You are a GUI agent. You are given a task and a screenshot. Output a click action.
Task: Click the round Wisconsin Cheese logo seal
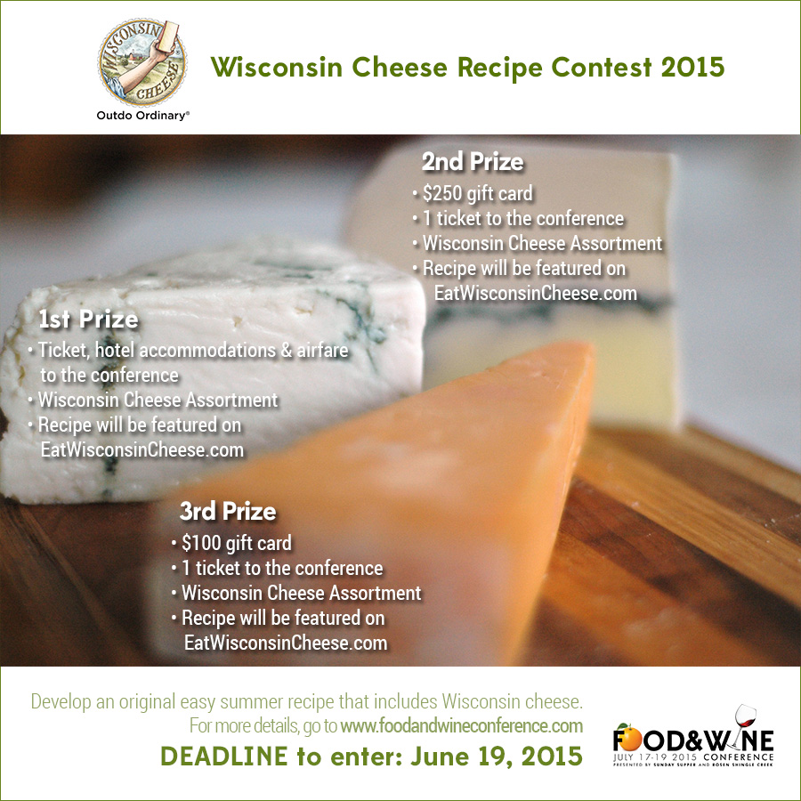(142, 61)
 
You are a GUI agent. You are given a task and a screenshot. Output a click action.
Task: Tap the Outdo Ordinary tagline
(143, 116)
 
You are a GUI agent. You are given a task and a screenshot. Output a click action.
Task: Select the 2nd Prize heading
(473, 162)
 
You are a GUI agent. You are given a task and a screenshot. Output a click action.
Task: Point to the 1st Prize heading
(88, 320)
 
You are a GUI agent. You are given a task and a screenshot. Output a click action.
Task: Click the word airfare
(322, 351)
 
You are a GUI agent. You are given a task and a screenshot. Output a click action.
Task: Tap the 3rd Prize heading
(228, 512)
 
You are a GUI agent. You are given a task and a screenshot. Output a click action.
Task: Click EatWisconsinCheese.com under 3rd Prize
(286, 643)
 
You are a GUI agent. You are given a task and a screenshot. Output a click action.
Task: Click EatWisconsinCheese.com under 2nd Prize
(536, 293)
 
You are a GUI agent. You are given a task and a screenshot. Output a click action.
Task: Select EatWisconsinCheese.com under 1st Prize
(142, 450)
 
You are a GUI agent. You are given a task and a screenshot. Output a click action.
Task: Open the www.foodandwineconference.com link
(462, 726)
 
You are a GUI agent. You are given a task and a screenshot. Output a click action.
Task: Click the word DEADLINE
(224, 756)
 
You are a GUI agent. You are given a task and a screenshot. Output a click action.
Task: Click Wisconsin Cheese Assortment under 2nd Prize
(542, 244)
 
